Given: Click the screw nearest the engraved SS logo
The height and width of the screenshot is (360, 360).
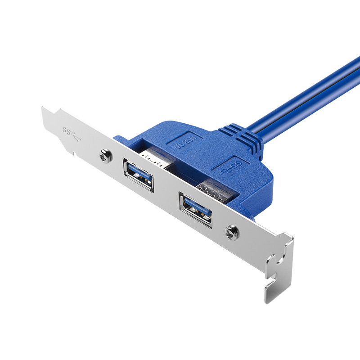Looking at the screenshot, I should (x=105, y=156).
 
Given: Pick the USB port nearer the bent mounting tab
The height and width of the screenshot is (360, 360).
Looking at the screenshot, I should (x=195, y=209).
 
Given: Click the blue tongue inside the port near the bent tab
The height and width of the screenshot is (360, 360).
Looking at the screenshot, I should (x=196, y=207).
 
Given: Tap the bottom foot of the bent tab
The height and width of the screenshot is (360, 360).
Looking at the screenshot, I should (x=270, y=295).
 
